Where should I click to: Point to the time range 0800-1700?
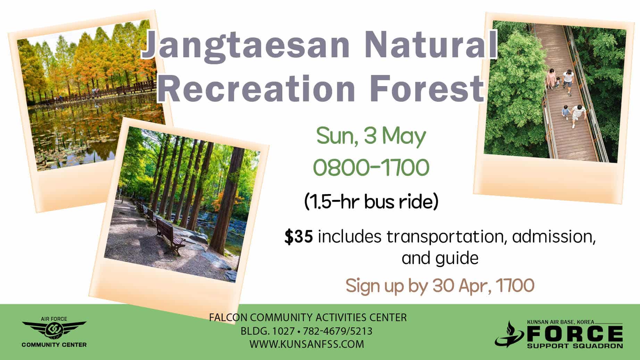click(371, 167)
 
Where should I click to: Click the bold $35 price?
click(298, 237)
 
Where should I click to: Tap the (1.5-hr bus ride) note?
click(371, 202)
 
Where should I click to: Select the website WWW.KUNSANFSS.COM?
click(307, 344)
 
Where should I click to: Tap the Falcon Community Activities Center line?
click(308, 317)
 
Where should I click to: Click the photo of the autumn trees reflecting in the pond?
click(91, 96)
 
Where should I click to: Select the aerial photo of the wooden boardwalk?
click(555, 92)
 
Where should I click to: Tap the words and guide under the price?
click(440, 258)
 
